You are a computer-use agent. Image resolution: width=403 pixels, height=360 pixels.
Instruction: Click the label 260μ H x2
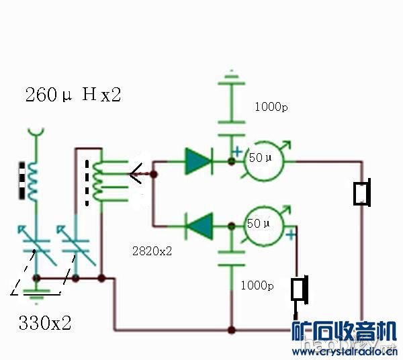pos(73,95)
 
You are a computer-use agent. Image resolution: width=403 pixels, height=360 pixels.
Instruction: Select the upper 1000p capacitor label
pos(271,106)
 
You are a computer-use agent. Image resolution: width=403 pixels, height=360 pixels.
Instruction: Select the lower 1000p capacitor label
pos(257,285)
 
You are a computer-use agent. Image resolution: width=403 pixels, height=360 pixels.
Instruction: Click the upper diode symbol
pos(198,161)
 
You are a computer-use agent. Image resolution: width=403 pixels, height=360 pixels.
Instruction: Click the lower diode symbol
pos(198,225)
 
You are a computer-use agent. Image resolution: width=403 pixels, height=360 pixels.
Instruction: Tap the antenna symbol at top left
pos(36,132)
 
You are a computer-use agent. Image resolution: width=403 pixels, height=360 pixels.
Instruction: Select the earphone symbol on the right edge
pos(363,192)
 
